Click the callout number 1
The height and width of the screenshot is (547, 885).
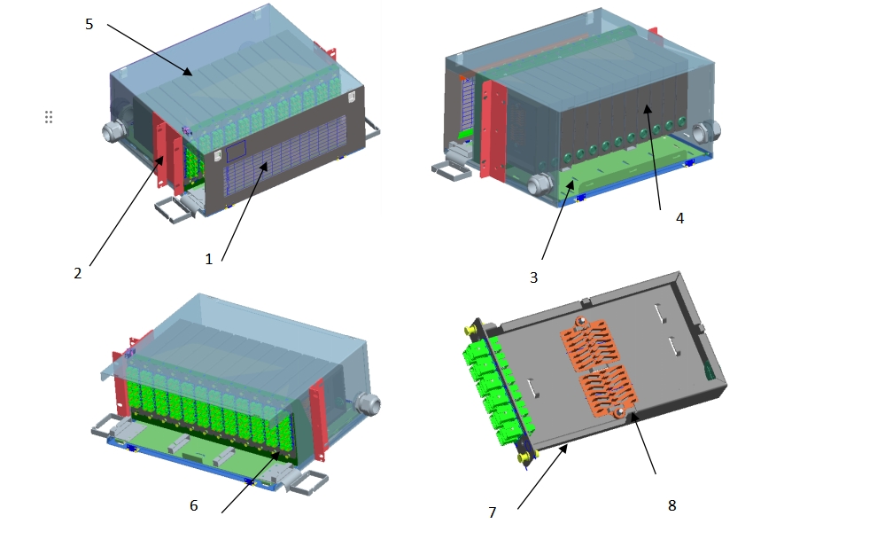(x=209, y=259)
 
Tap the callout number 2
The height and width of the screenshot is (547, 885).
(x=78, y=274)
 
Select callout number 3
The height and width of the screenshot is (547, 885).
(x=533, y=277)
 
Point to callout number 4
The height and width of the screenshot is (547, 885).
(x=679, y=217)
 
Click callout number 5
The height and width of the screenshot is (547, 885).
(x=89, y=24)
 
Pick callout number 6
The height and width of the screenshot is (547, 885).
(x=193, y=505)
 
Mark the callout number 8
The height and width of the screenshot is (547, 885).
(x=672, y=504)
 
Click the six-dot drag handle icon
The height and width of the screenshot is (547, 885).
(x=49, y=117)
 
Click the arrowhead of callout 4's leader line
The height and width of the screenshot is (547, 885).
(x=646, y=107)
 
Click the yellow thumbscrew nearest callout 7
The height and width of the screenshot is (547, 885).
(x=525, y=456)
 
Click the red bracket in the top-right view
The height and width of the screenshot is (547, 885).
(x=493, y=129)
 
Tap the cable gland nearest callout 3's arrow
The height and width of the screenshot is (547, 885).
(x=539, y=185)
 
